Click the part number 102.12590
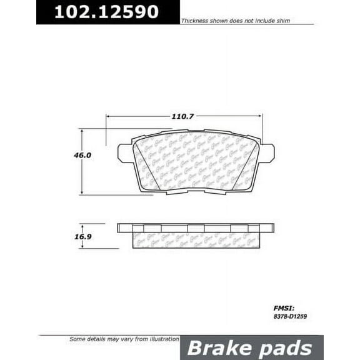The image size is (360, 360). [106, 12]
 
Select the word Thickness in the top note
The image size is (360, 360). [195, 21]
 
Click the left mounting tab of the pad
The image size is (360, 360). [124, 152]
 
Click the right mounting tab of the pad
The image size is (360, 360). [267, 151]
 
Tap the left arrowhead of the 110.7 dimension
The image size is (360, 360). [109, 116]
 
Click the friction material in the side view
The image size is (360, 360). [195, 239]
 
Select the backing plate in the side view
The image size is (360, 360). [195, 227]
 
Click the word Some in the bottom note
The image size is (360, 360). [77, 339]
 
